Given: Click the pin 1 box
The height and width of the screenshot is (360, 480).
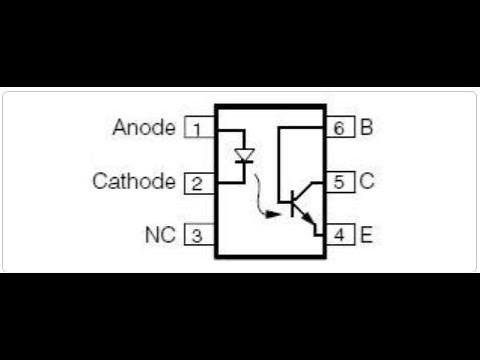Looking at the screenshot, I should [196, 128].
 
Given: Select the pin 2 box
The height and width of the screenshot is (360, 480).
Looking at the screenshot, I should [196, 182].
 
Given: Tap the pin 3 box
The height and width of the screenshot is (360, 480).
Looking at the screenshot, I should [196, 236].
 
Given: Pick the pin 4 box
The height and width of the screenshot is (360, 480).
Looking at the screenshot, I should [341, 236].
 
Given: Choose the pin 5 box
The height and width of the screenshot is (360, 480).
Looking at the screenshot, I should [341, 182].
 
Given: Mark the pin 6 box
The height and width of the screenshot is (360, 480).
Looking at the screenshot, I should [341, 128].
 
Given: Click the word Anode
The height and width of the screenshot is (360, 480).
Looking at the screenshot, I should [144, 128].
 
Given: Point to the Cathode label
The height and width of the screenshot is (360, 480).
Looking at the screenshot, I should [133, 182].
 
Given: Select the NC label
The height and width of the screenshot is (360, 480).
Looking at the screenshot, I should [159, 236].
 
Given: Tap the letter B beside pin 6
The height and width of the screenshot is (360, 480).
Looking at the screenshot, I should [367, 128].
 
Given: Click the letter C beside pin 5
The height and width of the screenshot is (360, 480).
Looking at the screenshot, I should [367, 182].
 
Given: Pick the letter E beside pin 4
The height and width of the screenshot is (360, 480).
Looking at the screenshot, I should [367, 236].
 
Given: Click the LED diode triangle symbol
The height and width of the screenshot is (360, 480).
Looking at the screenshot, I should [244, 157].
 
